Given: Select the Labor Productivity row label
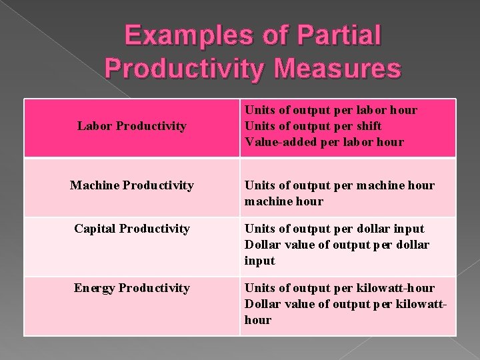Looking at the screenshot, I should (132, 126).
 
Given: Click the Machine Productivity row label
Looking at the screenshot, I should (132, 185).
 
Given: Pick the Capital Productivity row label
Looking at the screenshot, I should (132, 229).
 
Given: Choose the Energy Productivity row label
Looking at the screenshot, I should (132, 288).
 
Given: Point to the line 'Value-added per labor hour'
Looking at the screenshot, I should (325, 141).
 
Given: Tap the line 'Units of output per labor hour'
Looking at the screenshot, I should (331, 110).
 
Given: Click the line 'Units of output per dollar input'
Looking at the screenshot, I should (335, 229).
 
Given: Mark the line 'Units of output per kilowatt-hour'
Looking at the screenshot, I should (340, 288).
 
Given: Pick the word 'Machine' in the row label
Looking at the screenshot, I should (93, 185).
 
